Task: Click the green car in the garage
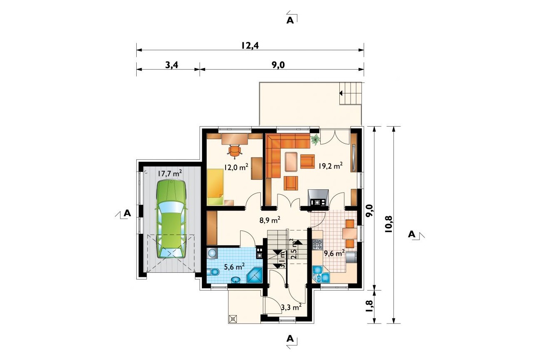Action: coord(172,219)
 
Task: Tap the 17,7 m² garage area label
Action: coord(170,173)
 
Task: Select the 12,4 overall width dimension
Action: coord(250,45)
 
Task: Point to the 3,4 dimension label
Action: coord(172,65)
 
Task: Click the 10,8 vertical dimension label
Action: coord(389,224)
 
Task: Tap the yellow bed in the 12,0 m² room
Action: coord(215,187)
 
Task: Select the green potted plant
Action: coord(315,139)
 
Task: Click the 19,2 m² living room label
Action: coord(331,166)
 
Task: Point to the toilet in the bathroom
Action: coord(213,272)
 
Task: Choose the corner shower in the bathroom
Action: coord(255,275)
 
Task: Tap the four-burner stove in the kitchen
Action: coord(317,244)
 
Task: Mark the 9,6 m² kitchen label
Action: coord(334,253)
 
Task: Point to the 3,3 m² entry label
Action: coord(291,307)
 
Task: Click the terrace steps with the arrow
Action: coord(351,93)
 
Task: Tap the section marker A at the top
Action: coord(290,20)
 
